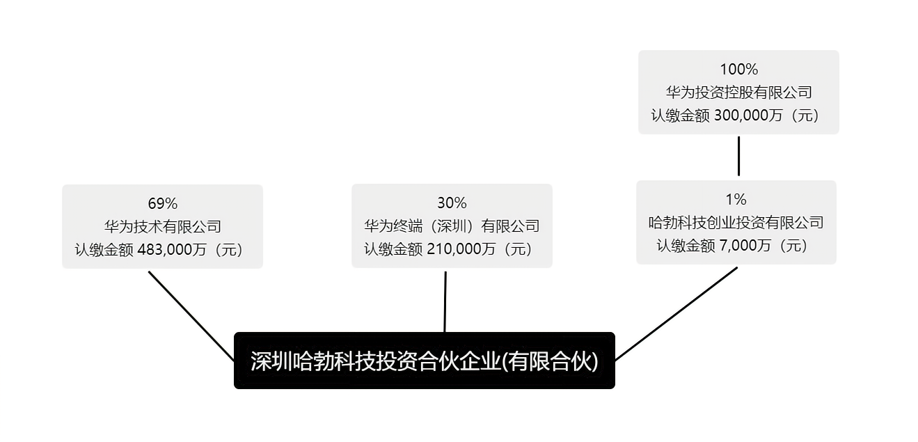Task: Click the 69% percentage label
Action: coord(163,203)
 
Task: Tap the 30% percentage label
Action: coord(452,203)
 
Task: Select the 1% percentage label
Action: coord(736,200)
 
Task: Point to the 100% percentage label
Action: coord(739,70)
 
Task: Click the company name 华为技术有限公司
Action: coord(163,226)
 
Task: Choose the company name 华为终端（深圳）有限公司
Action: coord(452,226)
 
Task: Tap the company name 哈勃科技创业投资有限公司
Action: coord(736,223)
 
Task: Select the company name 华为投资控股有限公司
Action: coord(739,93)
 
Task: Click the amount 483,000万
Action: coord(172,249)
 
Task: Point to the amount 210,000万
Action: coord(461,248)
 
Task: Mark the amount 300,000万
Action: coord(748,116)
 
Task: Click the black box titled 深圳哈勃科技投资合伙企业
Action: coord(425,361)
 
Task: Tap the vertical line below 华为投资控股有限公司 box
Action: coord(739,156)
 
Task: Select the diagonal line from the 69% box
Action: coord(191,316)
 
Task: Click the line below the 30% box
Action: coord(445,302)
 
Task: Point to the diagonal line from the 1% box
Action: coord(676,314)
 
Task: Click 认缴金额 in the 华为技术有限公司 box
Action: coord(104,249)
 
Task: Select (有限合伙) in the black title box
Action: coord(551,361)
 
